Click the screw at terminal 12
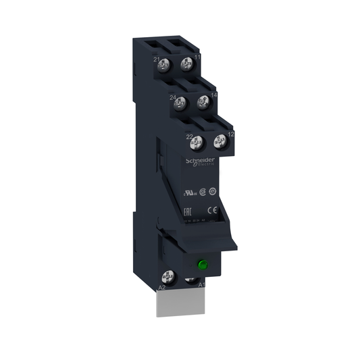tap(219, 142)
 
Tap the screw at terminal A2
tap(170, 276)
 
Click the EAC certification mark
tap(188, 211)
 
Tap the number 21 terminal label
tap(157, 61)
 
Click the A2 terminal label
tap(161, 288)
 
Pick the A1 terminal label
tap(201, 286)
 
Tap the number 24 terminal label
tap(173, 99)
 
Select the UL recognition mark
tap(188, 192)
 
